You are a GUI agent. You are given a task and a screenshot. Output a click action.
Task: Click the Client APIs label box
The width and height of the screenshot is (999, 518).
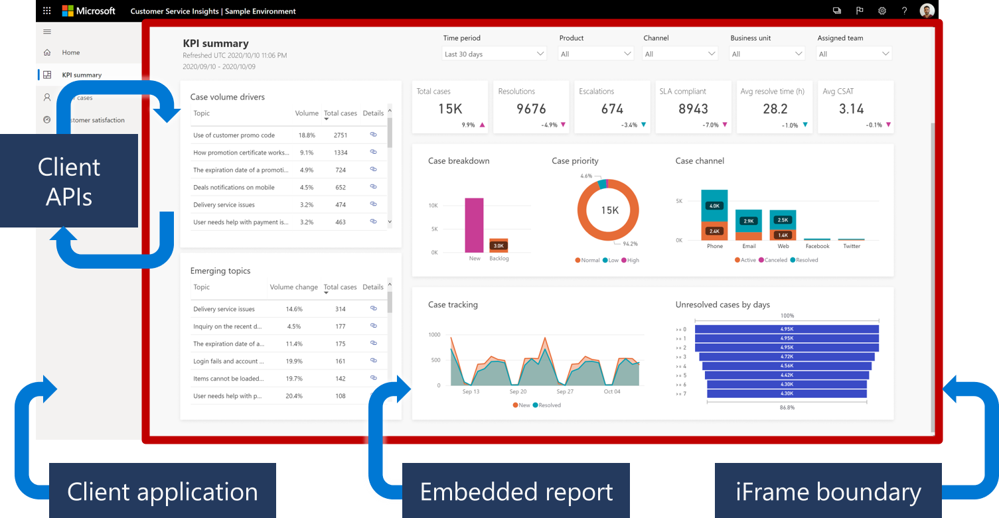point(69,180)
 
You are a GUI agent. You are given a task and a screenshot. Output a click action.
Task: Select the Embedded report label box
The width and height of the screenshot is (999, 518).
point(516,491)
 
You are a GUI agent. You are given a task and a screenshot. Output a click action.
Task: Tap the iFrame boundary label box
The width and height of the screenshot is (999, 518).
point(828,491)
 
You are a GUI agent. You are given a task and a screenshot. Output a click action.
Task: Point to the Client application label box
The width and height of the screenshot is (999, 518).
point(163,491)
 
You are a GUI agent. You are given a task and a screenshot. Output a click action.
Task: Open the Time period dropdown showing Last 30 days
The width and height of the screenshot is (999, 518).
point(494,54)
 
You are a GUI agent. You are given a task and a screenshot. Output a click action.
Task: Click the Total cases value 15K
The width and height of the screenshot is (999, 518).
point(450,109)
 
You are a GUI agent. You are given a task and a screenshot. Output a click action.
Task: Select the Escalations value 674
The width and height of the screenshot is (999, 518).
point(612,109)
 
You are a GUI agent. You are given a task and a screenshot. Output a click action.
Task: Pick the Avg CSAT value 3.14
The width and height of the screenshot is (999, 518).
point(852,109)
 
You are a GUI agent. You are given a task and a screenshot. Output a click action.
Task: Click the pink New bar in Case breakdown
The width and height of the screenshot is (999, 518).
point(474,225)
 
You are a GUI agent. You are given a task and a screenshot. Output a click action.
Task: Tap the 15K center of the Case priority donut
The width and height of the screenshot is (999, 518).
point(609,210)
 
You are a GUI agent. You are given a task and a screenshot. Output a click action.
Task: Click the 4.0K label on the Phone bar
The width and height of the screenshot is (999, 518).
point(714,206)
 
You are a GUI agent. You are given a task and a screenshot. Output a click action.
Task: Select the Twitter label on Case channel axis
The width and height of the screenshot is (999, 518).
point(851,246)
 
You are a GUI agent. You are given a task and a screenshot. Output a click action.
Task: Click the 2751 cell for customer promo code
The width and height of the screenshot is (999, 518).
point(341,135)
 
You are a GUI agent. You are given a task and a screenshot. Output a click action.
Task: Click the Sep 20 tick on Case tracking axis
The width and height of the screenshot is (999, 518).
point(518,392)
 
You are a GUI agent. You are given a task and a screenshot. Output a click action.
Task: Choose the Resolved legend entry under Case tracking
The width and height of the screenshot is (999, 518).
point(548,405)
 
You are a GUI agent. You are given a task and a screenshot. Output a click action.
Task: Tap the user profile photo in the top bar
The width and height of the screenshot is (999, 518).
point(927,11)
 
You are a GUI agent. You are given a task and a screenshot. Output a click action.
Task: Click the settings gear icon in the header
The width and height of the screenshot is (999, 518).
point(882,11)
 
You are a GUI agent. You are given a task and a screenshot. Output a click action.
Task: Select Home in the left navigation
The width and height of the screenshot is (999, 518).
point(71,52)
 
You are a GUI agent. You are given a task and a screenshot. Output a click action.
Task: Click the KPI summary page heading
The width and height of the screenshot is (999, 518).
point(216,44)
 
